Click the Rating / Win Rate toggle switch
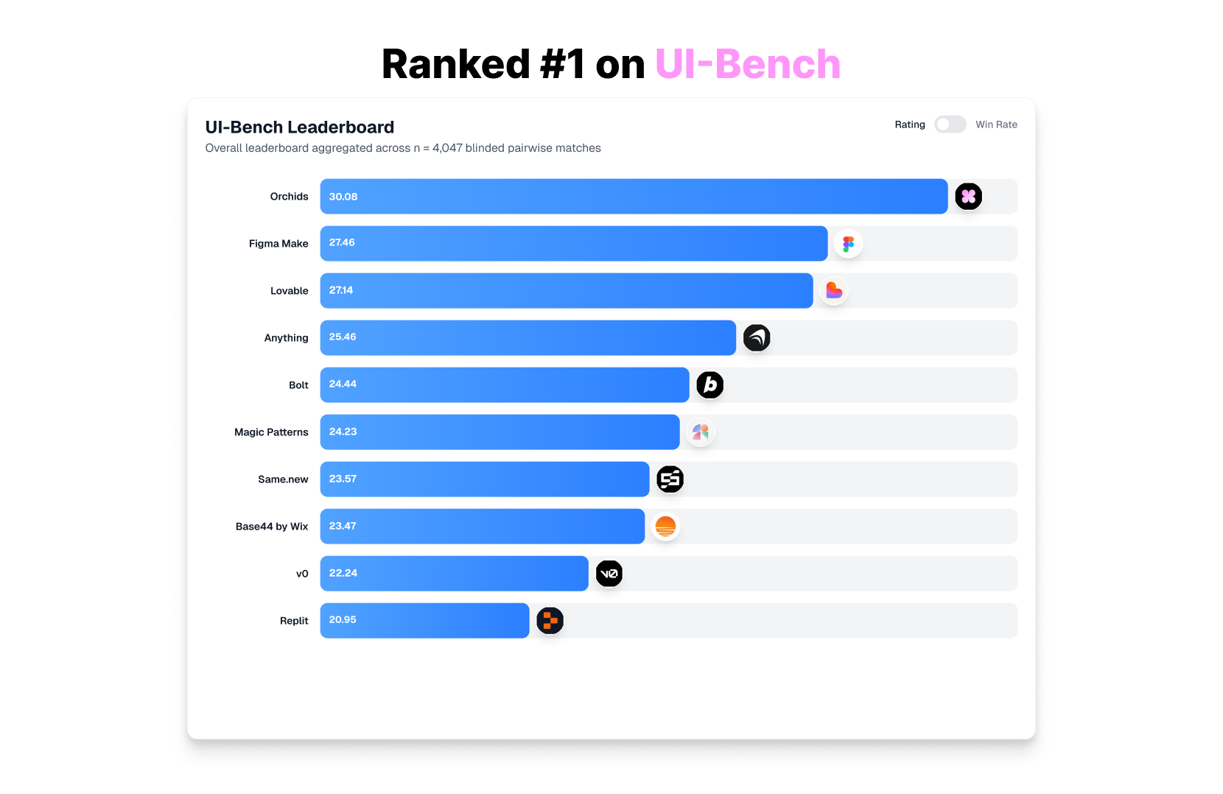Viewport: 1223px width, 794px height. coord(950,124)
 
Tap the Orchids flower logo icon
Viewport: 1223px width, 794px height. coord(968,197)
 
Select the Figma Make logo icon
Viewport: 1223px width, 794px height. coord(848,244)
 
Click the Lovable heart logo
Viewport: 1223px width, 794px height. coord(833,291)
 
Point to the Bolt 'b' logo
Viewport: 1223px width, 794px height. coord(709,385)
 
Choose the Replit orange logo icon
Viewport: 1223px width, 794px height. coord(550,621)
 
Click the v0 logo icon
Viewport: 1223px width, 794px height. coord(609,574)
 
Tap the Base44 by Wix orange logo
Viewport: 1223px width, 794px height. coord(665,527)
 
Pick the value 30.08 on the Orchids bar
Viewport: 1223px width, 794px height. coord(343,197)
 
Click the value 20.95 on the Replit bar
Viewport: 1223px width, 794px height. coord(343,620)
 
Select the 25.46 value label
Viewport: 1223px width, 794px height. coord(343,337)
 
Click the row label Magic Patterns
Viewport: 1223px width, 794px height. coord(271,432)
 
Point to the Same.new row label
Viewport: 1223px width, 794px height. coord(283,479)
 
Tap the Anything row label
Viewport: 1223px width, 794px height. coord(286,338)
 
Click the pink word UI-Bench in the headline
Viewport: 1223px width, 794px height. coord(747,64)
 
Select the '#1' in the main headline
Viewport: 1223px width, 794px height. coord(562,64)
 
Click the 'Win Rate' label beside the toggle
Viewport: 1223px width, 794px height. coord(996,124)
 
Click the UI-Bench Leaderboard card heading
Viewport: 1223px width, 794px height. coord(300,127)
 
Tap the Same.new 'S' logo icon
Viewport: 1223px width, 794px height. coord(670,479)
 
